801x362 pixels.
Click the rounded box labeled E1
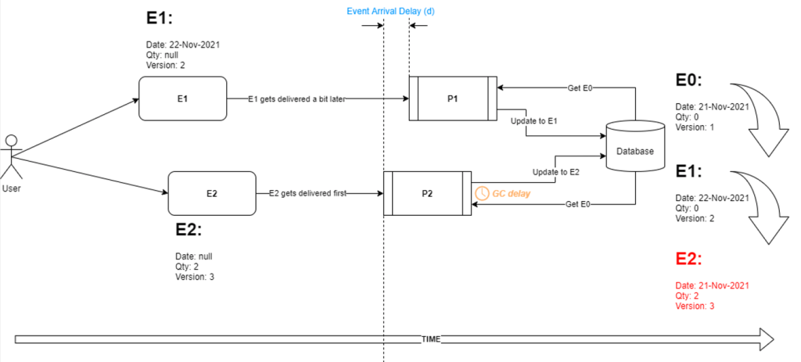coord(182,99)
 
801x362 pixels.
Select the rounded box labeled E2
coord(211,193)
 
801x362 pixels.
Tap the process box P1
coord(453,99)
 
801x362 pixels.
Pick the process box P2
coord(427,193)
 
